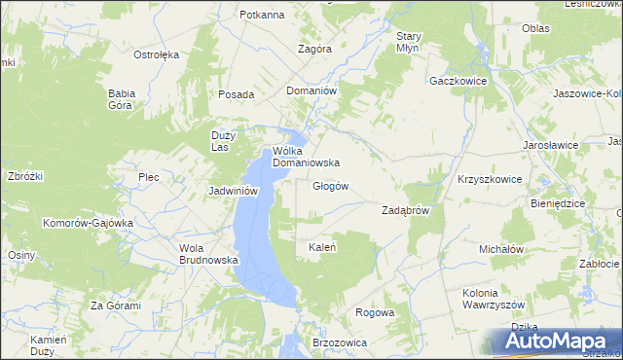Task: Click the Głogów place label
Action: pos(330,186)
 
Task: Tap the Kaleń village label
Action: pos(322,247)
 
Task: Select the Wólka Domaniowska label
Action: pos(305,157)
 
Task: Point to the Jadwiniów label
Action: pos(233,192)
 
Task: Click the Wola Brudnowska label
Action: pos(203,254)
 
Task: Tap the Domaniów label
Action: pos(311,90)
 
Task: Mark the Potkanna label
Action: pos(261,15)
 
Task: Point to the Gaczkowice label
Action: pos(458,81)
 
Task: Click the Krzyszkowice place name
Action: pos(490,180)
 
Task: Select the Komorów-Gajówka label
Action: pos(87,223)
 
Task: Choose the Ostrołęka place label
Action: pos(156,54)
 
